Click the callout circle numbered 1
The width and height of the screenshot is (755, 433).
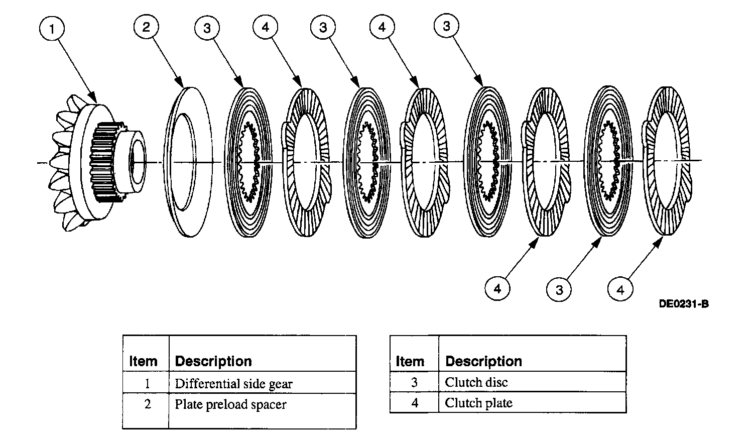(52, 29)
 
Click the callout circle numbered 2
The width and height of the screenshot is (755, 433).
(146, 27)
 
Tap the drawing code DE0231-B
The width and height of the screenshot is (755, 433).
(684, 303)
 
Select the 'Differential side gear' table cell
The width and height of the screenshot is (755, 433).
(233, 384)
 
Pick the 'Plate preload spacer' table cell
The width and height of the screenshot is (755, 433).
(230, 404)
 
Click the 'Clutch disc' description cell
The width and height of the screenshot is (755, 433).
(476, 382)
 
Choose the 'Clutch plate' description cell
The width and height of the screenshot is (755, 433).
(478, 403)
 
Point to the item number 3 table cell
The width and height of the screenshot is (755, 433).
(414, 382)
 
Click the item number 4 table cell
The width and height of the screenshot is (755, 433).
(414, 403)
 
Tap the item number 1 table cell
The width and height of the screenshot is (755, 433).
(147, 384)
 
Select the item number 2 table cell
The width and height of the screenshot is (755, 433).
(147, 404)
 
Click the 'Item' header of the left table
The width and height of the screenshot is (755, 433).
(143, 361)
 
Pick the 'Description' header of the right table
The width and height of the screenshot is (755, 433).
(483, 361)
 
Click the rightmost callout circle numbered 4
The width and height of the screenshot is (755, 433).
(620, 289)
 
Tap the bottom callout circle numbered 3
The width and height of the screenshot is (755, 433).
(559, 289)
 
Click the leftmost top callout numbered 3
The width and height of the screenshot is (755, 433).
(207, 28)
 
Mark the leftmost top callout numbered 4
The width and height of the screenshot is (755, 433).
(266, 27)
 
